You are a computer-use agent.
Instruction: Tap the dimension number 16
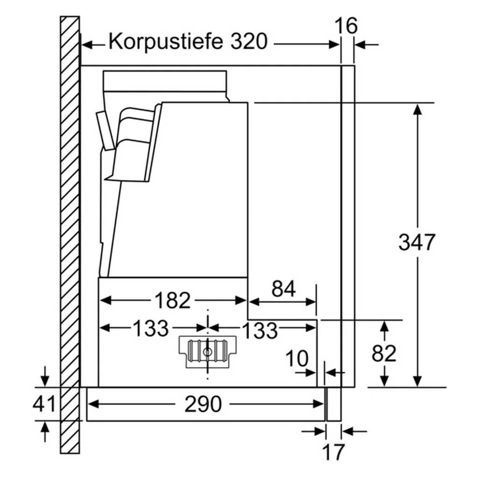(346, 26)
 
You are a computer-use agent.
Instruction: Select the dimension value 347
(417, 242)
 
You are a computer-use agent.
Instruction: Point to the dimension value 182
(173, 300)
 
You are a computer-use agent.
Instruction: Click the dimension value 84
(283, 288)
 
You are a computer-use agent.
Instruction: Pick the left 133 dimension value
(151, 328)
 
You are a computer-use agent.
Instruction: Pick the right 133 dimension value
(260, 330)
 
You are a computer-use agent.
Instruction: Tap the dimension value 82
(384, 353)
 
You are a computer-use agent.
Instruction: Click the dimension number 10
(297, 358)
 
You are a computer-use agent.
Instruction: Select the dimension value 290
(203, 404)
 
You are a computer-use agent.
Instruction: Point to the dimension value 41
(44, 404)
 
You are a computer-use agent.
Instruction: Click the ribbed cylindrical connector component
(208, 352)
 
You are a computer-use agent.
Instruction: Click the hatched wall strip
(70, 235)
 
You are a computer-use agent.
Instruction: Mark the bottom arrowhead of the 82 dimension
(385, 381)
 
